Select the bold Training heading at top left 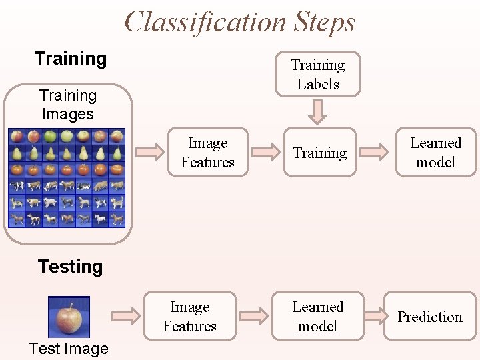pyautogui.click(x=71, y=59)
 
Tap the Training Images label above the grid pyautogui.click(x=67, y=105)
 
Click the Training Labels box pyautogui.click(x=318, y=75)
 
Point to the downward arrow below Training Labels pyautogui.click(x=318, y=111)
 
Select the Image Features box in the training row pyautogui.click(x=207, y=153)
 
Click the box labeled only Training pyautogui.click(x=319, y=153)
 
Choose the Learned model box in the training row pyautogui.click(x=435, y=153)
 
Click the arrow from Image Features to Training pyautogui.click(x=263, y=153)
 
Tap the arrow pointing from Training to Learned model pyautogui.click(x=377, y=153)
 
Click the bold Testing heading pyautogui.click(x=71, y=267)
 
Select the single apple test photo pyautogui.click(x=69, y=316)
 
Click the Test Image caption pyautogui.click(x=68, y=349)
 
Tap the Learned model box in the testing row pyautogui.click(x=318, y=317)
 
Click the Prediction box pyautogui.click(x=430, y=317)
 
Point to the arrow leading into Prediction pyautogui.click(x=377, y=317)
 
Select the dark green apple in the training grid pyautogui.click(x=51, y=137)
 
